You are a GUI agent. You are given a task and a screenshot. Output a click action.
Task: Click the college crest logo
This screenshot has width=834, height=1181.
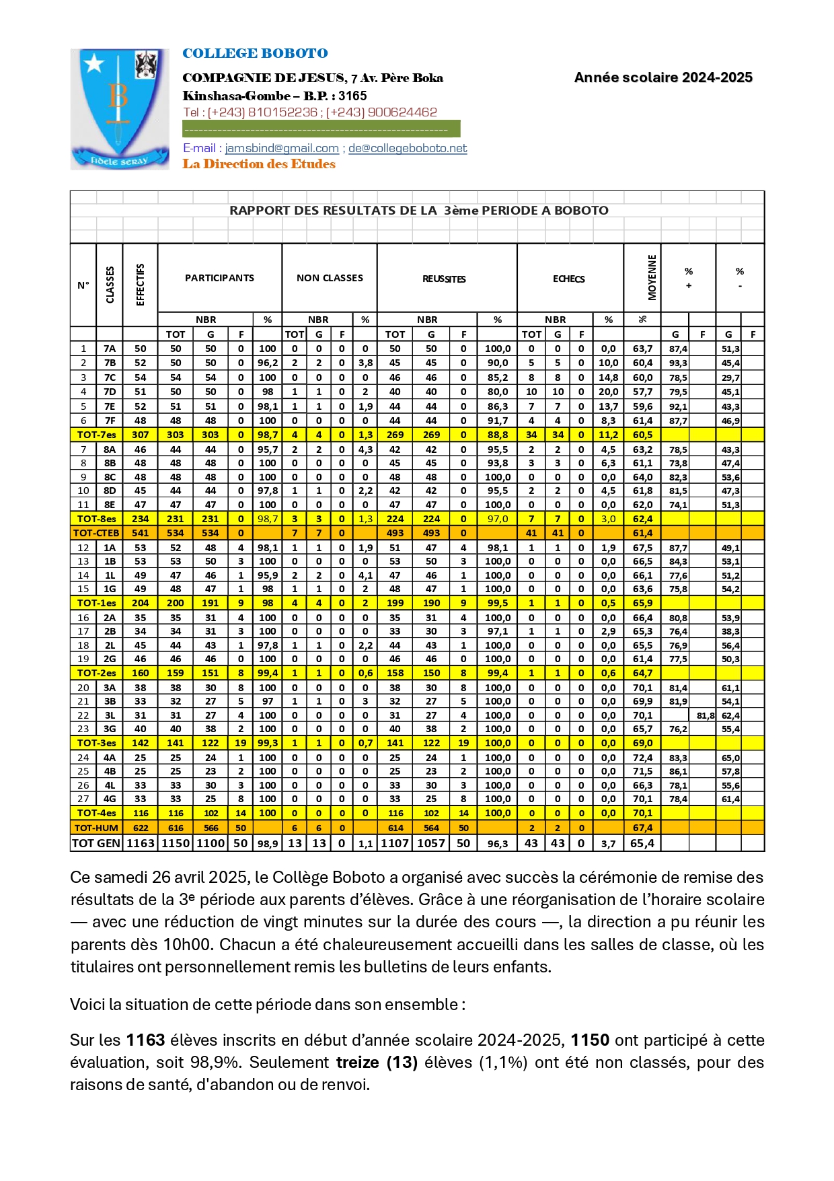[119, 109]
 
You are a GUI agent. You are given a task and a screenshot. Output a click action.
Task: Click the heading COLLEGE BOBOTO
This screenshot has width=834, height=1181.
[255, 53]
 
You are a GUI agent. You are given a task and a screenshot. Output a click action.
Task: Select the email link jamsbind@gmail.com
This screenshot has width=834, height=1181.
[282, 148]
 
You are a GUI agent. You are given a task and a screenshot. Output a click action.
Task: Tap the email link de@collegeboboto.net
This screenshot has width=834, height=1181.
[408, 148]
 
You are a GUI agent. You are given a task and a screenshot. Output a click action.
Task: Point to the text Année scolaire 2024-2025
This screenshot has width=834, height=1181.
[663, 77]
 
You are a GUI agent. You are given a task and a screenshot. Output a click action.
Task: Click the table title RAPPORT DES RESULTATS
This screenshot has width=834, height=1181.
[418, 210]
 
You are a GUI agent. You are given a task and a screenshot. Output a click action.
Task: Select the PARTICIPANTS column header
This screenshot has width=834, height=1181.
[219, 278]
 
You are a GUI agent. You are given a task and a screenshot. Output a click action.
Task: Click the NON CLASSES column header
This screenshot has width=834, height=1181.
[330, 278]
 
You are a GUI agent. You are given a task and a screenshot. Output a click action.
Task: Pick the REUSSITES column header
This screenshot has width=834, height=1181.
[444, 279]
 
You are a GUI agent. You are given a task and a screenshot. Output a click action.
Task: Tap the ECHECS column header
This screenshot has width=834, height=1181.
[569, 279]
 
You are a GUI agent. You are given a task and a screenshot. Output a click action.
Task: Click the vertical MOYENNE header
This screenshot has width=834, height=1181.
[652, 277]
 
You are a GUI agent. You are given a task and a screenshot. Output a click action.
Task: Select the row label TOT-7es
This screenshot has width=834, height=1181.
[96, 435]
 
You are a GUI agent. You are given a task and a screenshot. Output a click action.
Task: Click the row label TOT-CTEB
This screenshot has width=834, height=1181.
[96, 533]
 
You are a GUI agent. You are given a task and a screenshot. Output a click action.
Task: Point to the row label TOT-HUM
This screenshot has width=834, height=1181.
[96, 828]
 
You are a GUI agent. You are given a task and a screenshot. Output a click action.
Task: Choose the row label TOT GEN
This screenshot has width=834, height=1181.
[96, 843]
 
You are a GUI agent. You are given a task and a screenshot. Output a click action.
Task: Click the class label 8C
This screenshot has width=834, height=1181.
[110, 477]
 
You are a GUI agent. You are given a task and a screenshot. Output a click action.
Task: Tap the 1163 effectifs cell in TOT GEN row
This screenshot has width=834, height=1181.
[141, 843]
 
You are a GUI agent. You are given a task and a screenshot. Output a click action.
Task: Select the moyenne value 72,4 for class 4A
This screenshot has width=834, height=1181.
[642, 758]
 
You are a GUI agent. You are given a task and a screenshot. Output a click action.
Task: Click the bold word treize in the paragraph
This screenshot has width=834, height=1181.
[357, 1063]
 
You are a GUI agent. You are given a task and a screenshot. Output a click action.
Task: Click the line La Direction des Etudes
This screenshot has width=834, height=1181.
[259, 164]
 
